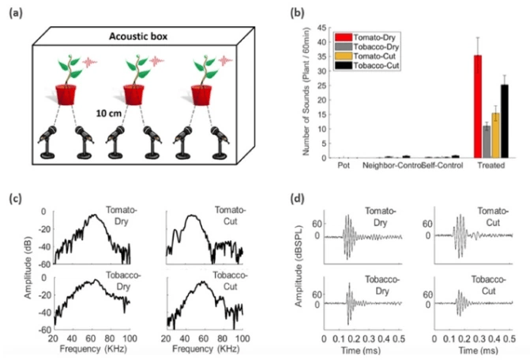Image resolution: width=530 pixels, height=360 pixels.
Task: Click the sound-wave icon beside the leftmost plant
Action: coord(93,60)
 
